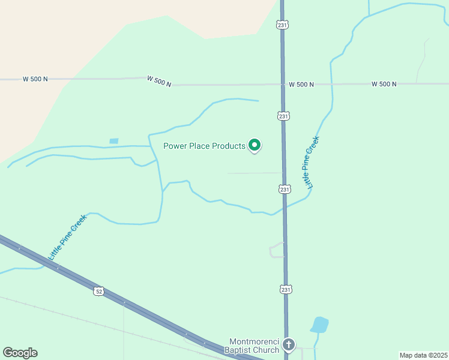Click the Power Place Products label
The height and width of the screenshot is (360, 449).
pyautogui.click(x=204, y=146)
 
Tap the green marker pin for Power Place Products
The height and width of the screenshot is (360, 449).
pyautogui.click(x=255, y=145)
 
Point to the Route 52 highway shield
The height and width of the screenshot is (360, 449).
pyautogui.click(x=98, y=291)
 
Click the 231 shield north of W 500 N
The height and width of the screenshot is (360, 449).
pyautogui.click(x=283, y=24)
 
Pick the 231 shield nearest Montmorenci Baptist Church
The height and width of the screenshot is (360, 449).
pyautogui.click(x=285, y=289)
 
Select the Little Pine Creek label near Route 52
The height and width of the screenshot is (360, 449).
pyautogui.click(x=67, y=237)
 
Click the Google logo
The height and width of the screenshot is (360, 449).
pyautogui.click(x=20, y=353)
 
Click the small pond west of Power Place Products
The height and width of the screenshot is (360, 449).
pyautogui.click(x=114, y=141)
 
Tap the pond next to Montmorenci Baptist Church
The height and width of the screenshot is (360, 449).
pyautogui.click(x=319, y=325)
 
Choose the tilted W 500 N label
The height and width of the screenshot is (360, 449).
pyautogui.click(x=159, y=81)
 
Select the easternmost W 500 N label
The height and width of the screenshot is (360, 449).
pyautogui.click(x=384, y=84)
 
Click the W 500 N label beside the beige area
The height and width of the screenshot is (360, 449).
pyautogui.click(x=35, y=79)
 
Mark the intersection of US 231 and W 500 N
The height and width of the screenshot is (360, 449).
pyautogui.click(x=283, y=85)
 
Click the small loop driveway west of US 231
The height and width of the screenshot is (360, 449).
pyautogui.click(x=277, y=250)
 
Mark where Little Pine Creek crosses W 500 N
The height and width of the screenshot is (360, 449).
pyautogui.click(x=331, y=84)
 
